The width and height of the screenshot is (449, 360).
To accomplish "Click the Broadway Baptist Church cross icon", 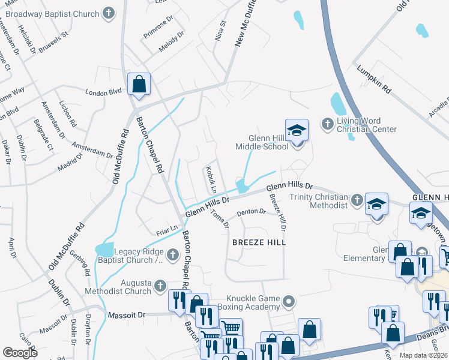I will tap(108, 13).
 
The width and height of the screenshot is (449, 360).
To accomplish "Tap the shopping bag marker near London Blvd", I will tap(139, 85).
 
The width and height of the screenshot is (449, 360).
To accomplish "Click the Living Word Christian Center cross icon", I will tap(327, 124).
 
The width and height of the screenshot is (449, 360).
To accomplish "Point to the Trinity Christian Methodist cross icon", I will tap(357, 200).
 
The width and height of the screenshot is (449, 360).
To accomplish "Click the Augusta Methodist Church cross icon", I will tap(160, 286).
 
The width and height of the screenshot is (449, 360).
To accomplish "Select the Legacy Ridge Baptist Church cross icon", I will tap(173, 254).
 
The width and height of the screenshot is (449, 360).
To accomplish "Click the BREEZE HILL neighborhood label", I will tap(259, 242).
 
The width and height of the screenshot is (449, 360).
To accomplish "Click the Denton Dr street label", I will tap(251, 212).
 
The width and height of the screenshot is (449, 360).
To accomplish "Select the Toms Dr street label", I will tap(221, 218).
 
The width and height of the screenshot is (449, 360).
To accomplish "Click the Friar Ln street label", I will tap(167, 228).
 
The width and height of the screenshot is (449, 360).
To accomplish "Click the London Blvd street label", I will tap(103, 92).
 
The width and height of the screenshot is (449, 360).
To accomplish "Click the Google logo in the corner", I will tap(20, 352).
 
